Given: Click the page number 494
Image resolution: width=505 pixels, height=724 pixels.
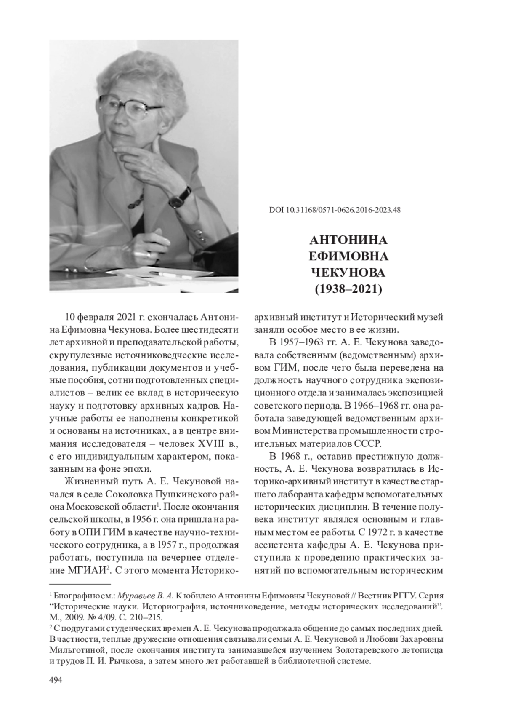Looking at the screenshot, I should pyautogui.click(x=56, y=681).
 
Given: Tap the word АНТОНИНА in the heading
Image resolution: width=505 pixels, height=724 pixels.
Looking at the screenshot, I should pyautogui.click(x=348, y=240).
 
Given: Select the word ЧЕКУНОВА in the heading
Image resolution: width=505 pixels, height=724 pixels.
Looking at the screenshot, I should pyautogui.click(x=348, y=273).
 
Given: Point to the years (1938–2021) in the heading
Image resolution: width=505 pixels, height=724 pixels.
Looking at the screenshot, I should pyautogui.click(x=348, y=289).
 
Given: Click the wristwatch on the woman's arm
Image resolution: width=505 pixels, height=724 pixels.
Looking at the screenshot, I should pyautogui.click(x=180, y=197).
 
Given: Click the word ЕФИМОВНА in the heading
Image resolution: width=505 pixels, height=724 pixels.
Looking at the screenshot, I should pyautogui.click(x=348, y=256).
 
